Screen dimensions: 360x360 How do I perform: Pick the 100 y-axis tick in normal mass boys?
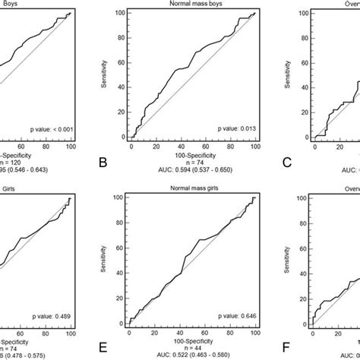click(x=122, y=13)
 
